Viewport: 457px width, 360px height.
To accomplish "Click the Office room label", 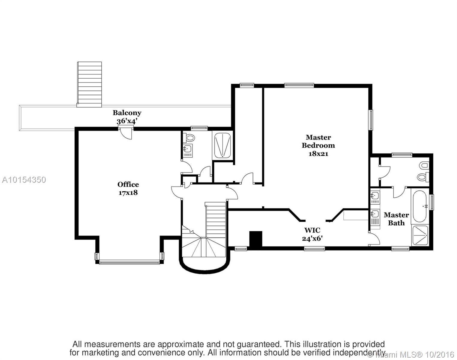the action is click(x=128, y=184).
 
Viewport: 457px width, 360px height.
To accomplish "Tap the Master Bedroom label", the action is click(x=318, y=141).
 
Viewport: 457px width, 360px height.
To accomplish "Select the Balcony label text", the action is click(x=127, y=113).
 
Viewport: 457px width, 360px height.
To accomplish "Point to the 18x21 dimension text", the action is click(x=318, y=154).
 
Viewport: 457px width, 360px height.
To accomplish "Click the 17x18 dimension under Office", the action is click(x=128, y=193).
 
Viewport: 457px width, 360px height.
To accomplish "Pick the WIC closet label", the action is click(x=312, y=230).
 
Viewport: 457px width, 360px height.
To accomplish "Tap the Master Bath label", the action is click(x=396, y=219).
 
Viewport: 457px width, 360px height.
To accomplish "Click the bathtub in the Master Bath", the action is click(x=420, y=206).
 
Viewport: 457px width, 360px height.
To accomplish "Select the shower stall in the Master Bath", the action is click(x=420, y=236).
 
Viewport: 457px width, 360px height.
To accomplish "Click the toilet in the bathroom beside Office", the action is click(x=189, y=138).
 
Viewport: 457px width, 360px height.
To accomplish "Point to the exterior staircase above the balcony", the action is click(x=89, y=84).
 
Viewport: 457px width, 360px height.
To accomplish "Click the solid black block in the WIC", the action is click(x=256, y=239).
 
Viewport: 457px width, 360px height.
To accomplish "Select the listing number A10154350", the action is click(x=24, y=180).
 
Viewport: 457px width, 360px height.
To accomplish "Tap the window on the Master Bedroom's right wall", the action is click(x=371, y=120).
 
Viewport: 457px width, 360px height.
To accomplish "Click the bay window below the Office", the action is click(x=129, y=263).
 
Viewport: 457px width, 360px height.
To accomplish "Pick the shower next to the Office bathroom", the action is click(x=223, y=145).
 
